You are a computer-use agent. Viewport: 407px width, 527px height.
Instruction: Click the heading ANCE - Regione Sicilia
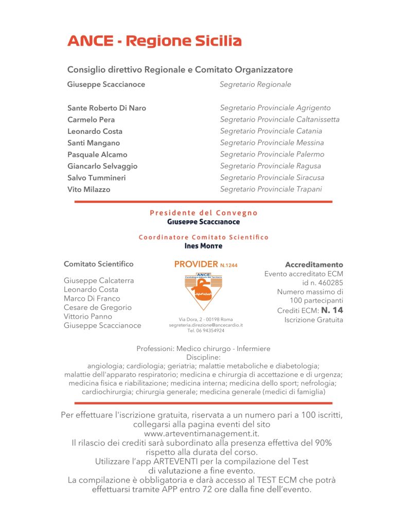click(154, 41)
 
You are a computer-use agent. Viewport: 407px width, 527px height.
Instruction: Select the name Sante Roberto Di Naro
click(107, 108)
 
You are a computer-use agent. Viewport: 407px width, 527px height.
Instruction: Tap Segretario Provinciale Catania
click(271, 131)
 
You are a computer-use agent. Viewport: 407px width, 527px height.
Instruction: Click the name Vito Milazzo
click(89, 189)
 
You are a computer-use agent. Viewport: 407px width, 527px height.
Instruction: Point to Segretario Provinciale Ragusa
click(270, 166)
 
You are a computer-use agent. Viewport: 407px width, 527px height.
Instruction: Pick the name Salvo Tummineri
click(96, 178)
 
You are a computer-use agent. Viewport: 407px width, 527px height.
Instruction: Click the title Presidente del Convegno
click(204, 213)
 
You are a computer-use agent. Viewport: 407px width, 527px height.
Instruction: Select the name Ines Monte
click(203, 246)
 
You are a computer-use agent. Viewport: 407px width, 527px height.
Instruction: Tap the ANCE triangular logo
click(203, 291)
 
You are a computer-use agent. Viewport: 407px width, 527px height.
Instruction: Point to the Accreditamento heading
click(314, 265)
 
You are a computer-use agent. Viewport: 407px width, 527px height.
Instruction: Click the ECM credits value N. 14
click(332, 310)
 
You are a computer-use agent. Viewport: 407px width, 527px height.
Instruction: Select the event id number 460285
click(330, 283)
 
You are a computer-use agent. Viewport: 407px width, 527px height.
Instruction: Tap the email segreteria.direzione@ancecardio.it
click(206, 325)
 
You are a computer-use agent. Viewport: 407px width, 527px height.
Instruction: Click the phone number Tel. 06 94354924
click(206, 331)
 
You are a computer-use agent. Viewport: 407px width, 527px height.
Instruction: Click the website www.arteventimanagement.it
click(202, 434)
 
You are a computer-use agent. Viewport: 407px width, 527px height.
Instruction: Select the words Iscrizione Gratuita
click(313, 320)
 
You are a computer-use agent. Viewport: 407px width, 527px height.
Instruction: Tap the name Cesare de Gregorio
click(98, 307)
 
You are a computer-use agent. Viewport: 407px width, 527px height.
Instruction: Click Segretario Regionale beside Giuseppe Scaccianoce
click(255, 84)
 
